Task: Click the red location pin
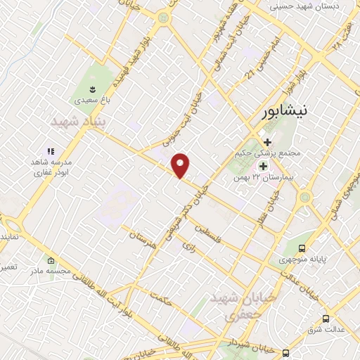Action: coord(181,165)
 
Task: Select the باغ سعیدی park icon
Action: coord(93,89)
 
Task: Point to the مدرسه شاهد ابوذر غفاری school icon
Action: coord(51,151)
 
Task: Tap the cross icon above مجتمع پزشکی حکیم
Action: coord(266,141)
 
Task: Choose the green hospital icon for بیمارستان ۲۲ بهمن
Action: coord(264,166)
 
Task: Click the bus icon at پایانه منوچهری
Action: coord(302,247)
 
